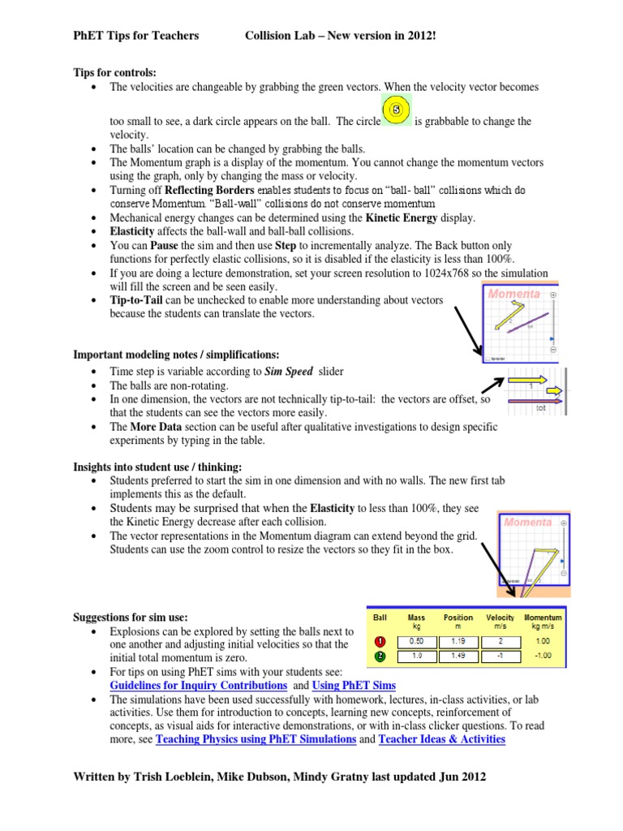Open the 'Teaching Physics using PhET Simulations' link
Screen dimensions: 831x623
pos(256,739)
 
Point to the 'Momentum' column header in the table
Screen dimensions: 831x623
pos(543,622)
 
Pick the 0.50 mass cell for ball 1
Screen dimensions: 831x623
pos(417,640)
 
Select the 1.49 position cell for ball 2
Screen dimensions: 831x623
pos(458,656)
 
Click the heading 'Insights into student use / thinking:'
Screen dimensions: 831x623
pos(157,467)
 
